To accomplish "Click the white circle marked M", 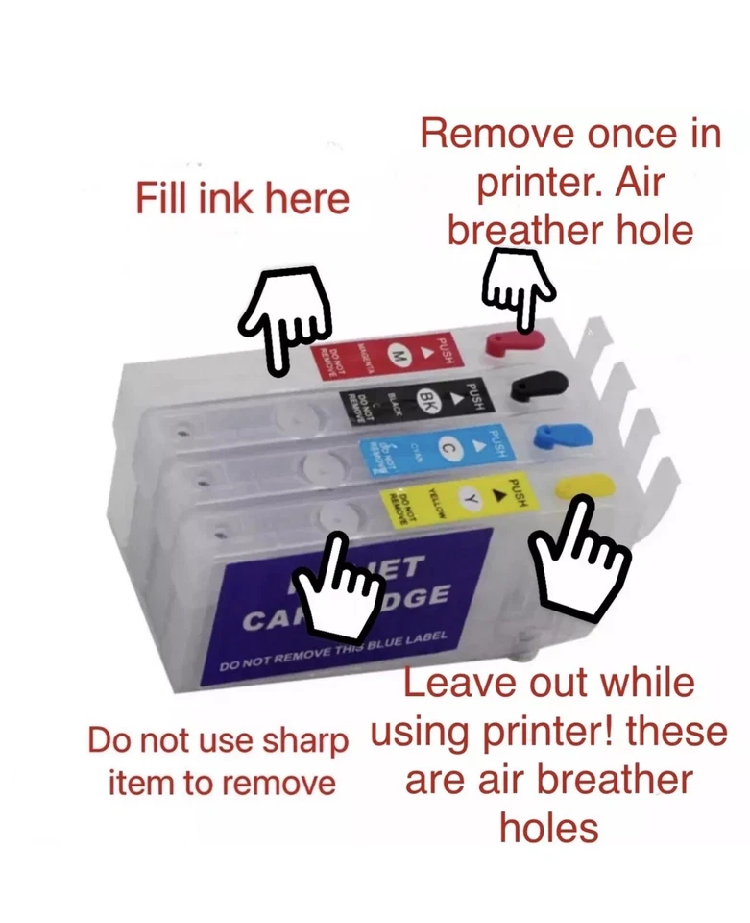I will pos(397,356).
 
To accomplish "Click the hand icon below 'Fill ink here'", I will pos(284,317).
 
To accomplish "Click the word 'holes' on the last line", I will pos(548,827).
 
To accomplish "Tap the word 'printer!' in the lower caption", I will pos(546,733).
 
